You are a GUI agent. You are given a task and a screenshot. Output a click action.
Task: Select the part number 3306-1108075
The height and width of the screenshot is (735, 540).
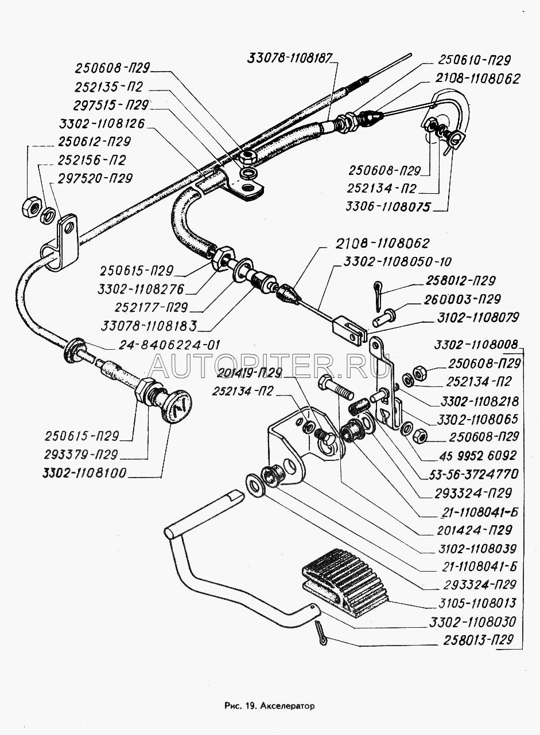click(x=388, y=206)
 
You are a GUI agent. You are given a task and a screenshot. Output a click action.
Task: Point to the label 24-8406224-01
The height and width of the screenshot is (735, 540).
click(x=170, y=345)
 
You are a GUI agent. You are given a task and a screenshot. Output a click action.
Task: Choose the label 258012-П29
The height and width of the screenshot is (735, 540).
click(x=462, y=281)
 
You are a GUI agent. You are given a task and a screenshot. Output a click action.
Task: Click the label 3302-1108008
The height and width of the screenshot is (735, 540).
click(x=476, y=345)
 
